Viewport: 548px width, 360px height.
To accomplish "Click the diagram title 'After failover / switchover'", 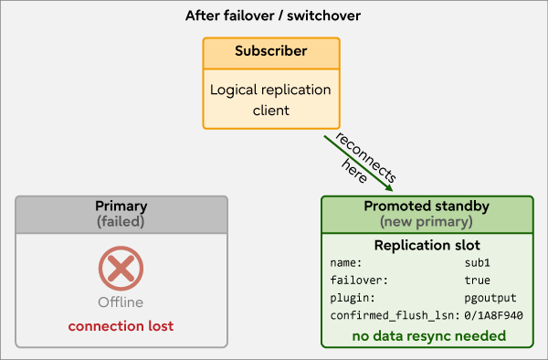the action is coord(273,16).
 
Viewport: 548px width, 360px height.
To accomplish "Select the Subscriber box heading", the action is coord(271,51).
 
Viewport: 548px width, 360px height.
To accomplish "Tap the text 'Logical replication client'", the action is coord(270,100).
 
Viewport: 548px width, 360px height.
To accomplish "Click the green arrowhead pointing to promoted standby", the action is coord(389,187).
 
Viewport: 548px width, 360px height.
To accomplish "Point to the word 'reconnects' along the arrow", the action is coord(366,157).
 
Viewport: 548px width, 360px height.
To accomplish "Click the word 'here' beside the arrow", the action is coord(354,171).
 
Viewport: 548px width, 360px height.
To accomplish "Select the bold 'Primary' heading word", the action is coord(121,206).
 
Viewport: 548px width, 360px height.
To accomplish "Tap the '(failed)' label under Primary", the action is coord(121,222).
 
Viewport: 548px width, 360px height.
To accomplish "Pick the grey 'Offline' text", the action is coord(121,302).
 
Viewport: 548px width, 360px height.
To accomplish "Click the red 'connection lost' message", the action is coord(121,326).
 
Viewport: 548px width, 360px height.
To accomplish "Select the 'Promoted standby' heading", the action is coord(427,206).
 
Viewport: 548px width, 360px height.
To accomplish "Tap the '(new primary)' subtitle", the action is coord(427,222).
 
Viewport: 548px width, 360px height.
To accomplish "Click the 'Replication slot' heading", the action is coord(427,246).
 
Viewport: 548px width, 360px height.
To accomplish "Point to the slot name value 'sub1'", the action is coord(478,263).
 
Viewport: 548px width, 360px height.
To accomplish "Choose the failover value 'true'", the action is coord(478,281).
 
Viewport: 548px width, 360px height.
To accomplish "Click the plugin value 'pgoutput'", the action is coord(490,298).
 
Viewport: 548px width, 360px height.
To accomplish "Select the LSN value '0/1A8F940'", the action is coord(493,315).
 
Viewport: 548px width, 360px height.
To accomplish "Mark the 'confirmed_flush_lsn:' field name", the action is coord(395,315).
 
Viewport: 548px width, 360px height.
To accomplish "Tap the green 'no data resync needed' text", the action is coord(429,336).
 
